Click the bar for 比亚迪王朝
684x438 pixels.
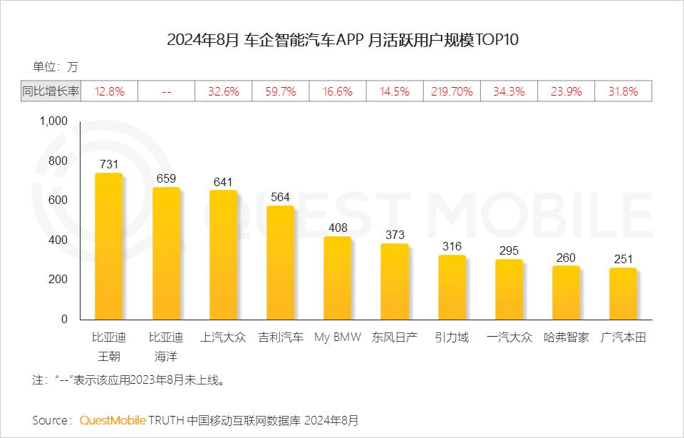tap(109, 246)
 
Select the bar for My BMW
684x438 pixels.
tap(337, 278)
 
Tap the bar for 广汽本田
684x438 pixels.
tap(623, 294)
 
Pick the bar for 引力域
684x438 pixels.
tap(452, 287)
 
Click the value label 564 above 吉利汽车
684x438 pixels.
tap(281, 198)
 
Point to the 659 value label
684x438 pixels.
tap(166, 179)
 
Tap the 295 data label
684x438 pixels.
tap(509, 251)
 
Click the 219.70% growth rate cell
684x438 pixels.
tap(452, 91)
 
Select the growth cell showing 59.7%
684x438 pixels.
tap(281, 91)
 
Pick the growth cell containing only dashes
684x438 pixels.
tap(166, 91)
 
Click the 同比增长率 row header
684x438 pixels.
tap(51, 91)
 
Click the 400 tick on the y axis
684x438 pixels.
tap(58, 240)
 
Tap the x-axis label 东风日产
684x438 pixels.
tap(394, 337)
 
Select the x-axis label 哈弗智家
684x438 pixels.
tap(566, 337)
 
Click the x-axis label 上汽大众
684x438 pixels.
tap(223, 337)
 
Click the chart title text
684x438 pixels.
tap(342, 39)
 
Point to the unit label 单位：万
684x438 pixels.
tap(55, 67)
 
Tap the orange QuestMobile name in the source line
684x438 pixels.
tap(113, 419)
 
